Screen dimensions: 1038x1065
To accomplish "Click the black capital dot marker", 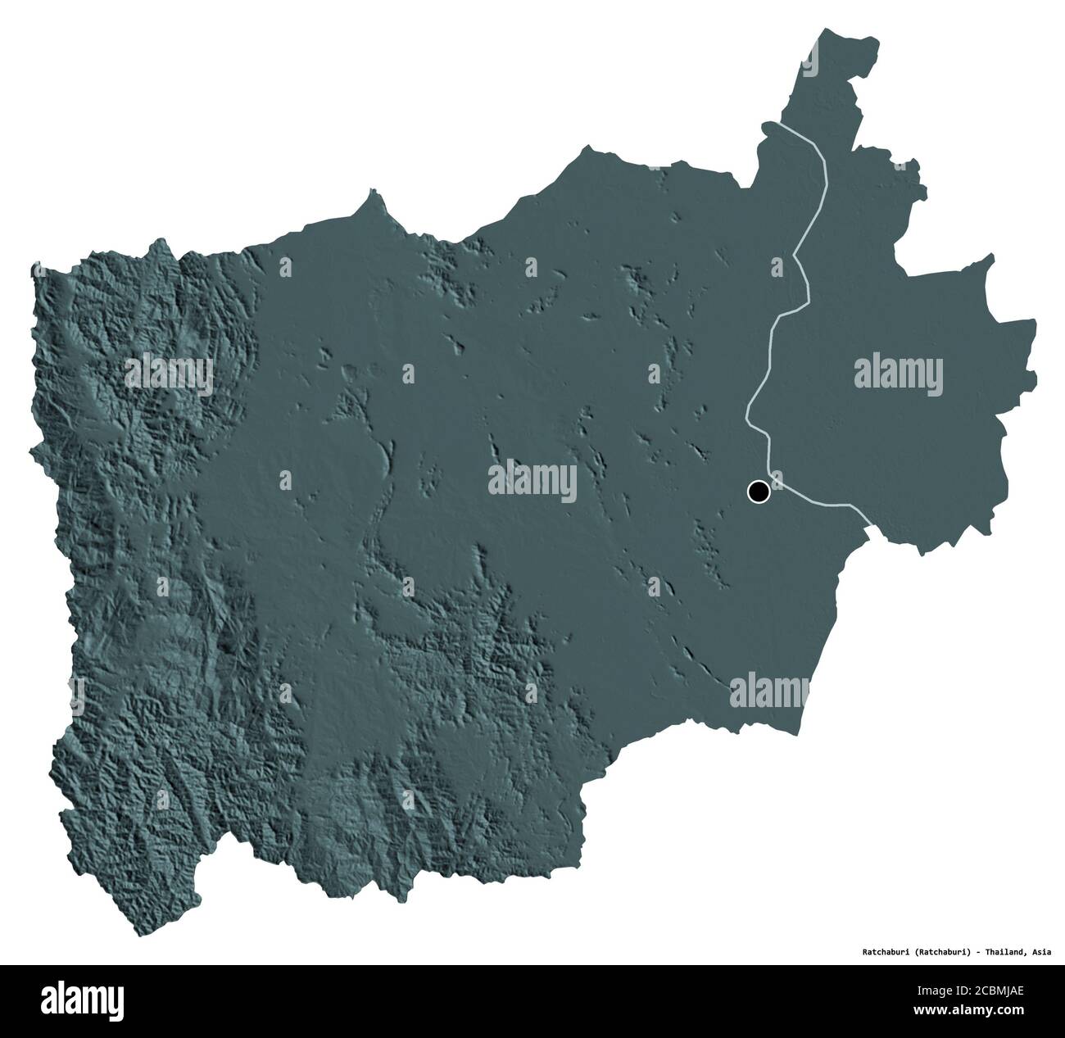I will click(x=759, y=492).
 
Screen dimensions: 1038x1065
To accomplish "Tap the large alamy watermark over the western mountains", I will click(x=169, y=375).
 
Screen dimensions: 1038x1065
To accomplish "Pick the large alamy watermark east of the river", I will click(x=899, y=371).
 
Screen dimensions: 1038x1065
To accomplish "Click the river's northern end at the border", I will click(x=764, y=125).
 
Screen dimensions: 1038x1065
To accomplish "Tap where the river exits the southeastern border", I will click(x=868, y=518).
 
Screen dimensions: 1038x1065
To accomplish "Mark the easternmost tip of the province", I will click(x=1036, y=324).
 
